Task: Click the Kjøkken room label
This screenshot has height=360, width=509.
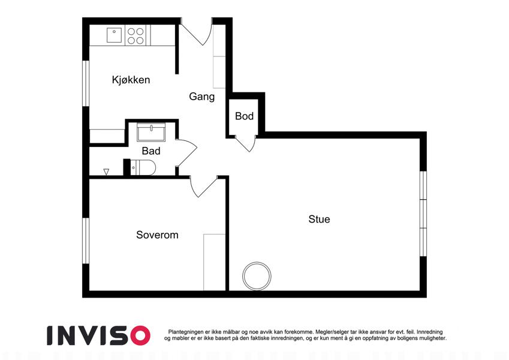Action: point(131,80)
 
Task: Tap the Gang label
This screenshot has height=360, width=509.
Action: point(201,97)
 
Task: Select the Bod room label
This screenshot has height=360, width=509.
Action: point(244,116)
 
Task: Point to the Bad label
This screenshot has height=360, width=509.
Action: point(151,151)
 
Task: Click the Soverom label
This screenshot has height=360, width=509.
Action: point(157,235)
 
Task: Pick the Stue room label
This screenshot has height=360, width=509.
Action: point(319,220)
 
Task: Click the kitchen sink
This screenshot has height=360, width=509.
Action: point(115,35)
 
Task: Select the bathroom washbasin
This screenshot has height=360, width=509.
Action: point(151,131)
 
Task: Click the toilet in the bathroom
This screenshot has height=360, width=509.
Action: point(143,167)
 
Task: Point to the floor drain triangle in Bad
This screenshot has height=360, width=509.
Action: point(106,172)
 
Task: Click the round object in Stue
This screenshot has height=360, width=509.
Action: point(257,276)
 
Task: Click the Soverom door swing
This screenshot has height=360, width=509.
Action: point(203,187)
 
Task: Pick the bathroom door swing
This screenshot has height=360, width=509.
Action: point(186,153)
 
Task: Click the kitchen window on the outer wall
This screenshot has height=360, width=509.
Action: point(86,83)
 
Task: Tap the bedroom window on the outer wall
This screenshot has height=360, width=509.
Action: point(86,241)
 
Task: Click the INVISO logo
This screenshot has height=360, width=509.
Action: point(99,335)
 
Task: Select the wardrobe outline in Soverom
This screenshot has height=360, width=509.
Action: point(214,262)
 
